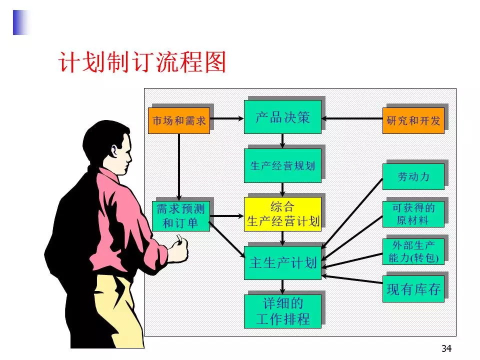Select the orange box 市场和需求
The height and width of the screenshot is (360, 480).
(179, 120)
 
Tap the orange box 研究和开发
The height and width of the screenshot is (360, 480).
(413, 120)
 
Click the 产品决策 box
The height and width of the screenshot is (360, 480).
(282, 117)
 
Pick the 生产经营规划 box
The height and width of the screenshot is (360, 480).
(282, 165)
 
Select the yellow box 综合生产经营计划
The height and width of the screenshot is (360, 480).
(282, 214)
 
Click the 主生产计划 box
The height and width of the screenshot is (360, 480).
(282, 262)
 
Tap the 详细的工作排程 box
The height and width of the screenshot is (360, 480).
(282, 311)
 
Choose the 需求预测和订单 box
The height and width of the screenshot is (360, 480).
(180, 216)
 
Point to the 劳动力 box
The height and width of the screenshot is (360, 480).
(413, 176)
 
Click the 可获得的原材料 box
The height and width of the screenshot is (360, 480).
(413, 214)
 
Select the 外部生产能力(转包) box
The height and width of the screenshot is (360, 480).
(413, 251)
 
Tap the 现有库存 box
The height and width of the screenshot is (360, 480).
(413, 288)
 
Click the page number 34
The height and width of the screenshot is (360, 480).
(446, 348)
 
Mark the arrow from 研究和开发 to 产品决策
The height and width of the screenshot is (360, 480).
(352, 118)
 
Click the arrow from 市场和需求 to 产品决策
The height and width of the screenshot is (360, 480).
(227, 118)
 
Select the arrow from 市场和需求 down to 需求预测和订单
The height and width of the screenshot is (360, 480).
(179, 167)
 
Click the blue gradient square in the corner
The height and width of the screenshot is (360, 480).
(21, 22)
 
